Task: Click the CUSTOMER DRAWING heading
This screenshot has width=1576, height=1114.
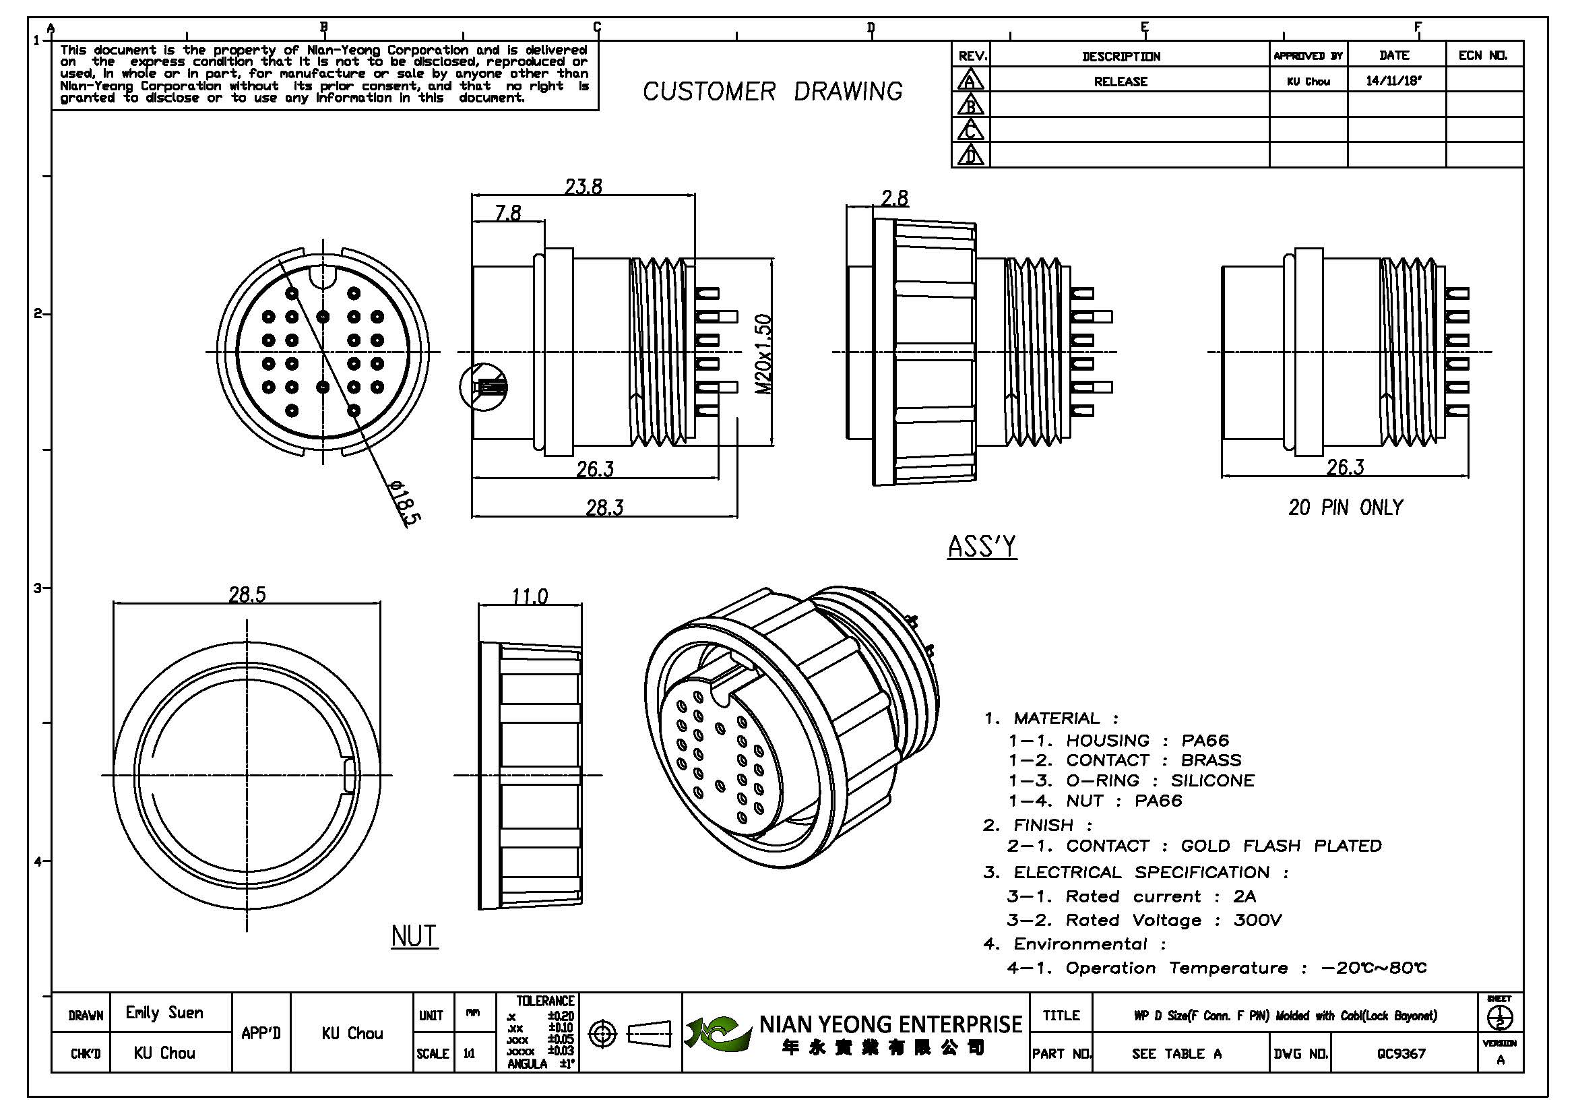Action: click(x=772, y=91)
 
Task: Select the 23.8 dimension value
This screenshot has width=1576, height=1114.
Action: click(x=583, y=187)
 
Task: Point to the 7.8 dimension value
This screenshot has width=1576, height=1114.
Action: click(x=507, y=213)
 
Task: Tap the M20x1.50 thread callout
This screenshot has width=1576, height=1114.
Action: click(x=763, y=354)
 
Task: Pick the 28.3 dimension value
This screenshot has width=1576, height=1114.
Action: click(x=604, y=508)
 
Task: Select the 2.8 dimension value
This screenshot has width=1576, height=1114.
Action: click(x=894, y=198)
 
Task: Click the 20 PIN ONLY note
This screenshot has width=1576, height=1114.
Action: click(x=1346, y=508)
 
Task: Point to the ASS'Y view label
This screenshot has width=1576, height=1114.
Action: click(x=982, y=547)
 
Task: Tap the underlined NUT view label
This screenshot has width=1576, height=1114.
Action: click(x=414, y=936)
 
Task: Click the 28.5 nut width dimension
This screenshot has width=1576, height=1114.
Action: click(x=247, y=594)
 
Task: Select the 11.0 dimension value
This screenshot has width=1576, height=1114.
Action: click(x=529, y=596)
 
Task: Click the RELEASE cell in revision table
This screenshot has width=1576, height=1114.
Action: click(x=1121, y=82)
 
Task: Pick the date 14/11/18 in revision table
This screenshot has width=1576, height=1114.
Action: click(x=1393, y=81)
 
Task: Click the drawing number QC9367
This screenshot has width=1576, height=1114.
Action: click(x=1401, y=1053)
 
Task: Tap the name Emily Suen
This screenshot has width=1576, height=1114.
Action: click(x=164, y=1012)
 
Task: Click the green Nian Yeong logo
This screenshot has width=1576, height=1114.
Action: click(x=714, y=1034)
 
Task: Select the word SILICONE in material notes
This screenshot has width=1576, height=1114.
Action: click(x=1212, y=780)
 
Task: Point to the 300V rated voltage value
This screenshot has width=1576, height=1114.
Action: click(x=1257, y=921)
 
